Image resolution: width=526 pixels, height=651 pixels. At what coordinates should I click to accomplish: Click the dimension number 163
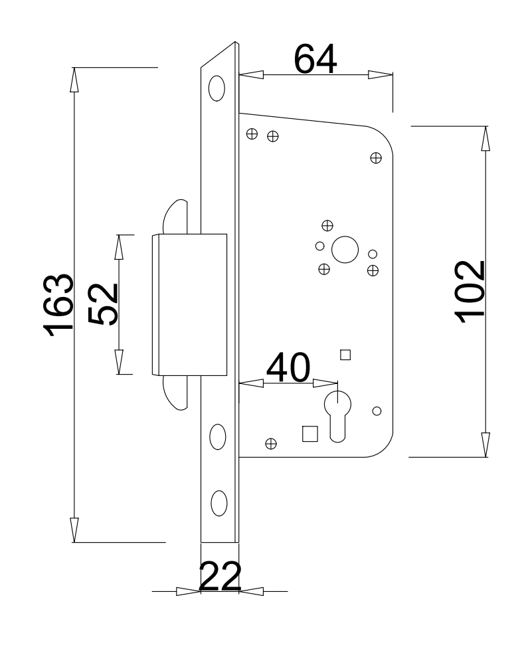pos(58,305)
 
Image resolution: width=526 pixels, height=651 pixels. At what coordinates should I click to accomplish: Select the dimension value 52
pos(104,304)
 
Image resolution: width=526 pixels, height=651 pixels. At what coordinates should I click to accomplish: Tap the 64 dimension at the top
pos(315,59)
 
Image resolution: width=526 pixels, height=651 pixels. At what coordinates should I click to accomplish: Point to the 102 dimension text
pos(470,292)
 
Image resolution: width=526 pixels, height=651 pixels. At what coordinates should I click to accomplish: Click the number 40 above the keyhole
pos(288,367)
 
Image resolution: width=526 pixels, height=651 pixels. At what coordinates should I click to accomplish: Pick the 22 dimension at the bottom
pos(220,576)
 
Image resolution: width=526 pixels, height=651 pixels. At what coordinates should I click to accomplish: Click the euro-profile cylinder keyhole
pos(337,416)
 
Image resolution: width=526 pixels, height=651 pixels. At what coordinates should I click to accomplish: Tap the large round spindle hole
pos(345,250)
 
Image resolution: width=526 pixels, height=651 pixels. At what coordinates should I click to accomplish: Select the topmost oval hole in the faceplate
pos(217,88)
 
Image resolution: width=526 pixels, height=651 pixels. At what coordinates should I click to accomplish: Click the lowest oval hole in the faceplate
pos(219,503)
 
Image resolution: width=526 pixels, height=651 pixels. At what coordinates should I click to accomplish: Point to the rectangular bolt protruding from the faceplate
pos(189,305)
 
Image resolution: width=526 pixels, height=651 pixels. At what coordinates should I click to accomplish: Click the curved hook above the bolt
pos(175,217)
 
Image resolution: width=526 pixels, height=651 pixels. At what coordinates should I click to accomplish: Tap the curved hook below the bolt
pos(175,393)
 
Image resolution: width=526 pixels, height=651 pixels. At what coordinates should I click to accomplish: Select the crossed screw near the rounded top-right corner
pos(376,158)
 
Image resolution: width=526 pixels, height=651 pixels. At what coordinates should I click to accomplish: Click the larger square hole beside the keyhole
pos(309,433)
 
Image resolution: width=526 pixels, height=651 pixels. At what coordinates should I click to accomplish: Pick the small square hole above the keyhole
pos(345,355)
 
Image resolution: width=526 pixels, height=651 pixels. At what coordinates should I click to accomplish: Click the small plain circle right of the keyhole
pos(377,411)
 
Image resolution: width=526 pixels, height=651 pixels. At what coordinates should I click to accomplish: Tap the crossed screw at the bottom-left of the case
pos(271,444)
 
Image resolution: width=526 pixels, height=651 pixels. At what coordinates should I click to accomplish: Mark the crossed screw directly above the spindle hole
pos(327,225)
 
